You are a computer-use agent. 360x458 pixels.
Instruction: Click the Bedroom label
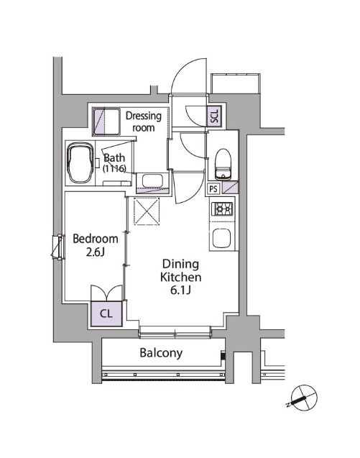click(95, 239)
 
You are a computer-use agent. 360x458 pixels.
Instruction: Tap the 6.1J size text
click(181, 290)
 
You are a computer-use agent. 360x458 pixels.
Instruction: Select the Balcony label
click(161, 353)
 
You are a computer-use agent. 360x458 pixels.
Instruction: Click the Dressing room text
click(144, 122)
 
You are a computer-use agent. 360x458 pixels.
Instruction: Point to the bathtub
click(80, 163)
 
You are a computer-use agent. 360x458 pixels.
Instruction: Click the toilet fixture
click(223, 164)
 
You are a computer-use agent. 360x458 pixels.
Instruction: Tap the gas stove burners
click(223, 209)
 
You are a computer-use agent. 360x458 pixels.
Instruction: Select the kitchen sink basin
click(221, 238)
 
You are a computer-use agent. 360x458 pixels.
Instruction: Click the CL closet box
click(106, 313)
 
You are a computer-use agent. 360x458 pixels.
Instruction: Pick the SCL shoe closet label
click(215, 116)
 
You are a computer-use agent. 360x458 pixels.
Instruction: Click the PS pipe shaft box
click(213, 188)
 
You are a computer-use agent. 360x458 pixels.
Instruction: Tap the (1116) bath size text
click(114, 168)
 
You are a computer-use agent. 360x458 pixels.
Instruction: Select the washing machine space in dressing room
click(106, 122)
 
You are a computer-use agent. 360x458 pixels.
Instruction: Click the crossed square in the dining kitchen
click(147, 211)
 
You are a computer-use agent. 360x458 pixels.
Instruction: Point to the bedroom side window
click(57, 247)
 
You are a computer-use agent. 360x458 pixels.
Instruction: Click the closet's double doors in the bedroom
click(106, 293)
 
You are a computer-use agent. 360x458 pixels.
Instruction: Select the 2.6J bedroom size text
click(95, 252)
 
